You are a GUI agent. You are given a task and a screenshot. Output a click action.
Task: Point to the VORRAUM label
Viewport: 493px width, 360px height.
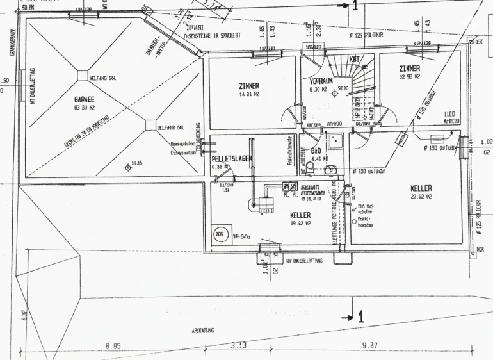click(x=321, y=82)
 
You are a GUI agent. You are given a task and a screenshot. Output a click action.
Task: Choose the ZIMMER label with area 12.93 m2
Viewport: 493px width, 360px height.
click(x=409, y=68)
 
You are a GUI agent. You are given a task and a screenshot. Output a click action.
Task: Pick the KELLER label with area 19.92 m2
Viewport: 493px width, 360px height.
click(x=300, y=215)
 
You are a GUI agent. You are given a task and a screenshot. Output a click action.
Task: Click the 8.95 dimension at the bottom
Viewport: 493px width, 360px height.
click(x=114, y=347)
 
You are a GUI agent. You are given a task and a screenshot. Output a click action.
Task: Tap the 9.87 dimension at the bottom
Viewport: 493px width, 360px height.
click(x=369, y=347)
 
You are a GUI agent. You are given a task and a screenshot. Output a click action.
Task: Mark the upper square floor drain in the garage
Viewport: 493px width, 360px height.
click(x=83, y=75)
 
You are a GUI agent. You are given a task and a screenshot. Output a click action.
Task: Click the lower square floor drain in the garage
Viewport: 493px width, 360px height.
click(x=150, y=126)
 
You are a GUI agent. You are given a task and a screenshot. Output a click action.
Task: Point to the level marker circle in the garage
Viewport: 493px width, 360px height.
click(x=127, y=168)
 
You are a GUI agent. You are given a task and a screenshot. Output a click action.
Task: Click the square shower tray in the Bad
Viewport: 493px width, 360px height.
click(x=335, y=142)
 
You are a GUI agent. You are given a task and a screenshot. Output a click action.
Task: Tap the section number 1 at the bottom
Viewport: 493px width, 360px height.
click(x=360, y=316)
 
